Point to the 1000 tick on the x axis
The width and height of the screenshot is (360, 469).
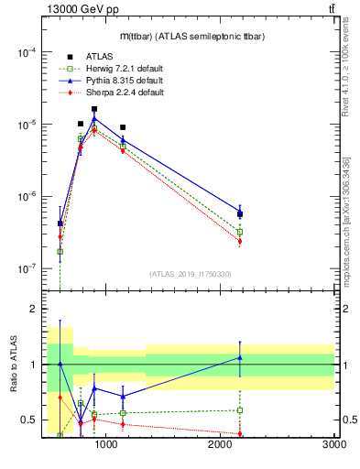106,444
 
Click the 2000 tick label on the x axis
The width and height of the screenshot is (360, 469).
221,444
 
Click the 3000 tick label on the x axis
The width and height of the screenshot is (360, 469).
333,444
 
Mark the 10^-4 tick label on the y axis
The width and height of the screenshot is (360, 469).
24,52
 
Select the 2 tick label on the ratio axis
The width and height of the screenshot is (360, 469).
33,310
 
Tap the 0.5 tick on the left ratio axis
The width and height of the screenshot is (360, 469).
29,420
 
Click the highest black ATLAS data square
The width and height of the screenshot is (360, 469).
94,109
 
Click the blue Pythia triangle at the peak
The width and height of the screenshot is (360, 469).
94,118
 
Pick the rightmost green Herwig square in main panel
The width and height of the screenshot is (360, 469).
240,232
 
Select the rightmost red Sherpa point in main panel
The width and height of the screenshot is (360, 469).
240,242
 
